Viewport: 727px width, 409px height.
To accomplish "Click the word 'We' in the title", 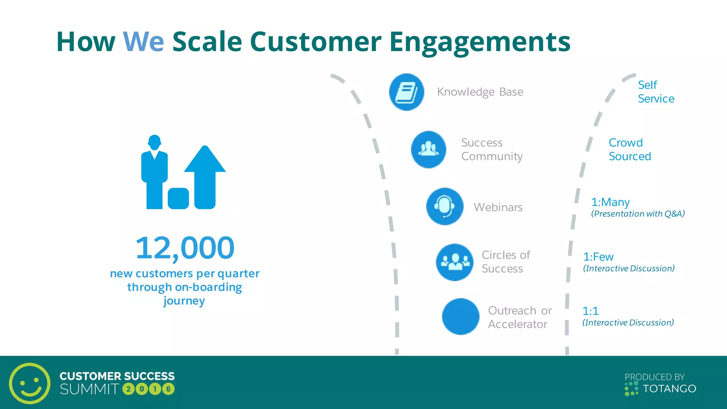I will coord(143,42).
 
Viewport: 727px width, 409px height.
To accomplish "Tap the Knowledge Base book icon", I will coord(406,92).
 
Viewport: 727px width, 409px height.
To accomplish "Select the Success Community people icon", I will coord(428,149).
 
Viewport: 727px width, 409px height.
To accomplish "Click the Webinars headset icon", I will coord(444,206).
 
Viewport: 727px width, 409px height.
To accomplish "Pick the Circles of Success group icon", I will coord(454,262).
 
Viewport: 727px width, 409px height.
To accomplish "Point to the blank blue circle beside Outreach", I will coord(460,316).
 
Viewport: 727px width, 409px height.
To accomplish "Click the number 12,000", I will coord(185,248).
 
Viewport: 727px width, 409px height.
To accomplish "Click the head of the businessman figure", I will coord(154,142).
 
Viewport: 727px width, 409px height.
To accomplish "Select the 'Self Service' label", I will coord(656,92).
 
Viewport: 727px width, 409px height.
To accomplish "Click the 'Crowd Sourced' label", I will coord(629,149).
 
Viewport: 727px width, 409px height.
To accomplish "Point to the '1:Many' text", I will coord(610,202).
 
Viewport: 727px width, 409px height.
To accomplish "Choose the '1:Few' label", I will coord(598,257).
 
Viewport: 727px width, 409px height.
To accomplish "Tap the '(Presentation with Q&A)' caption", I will coord(638,214).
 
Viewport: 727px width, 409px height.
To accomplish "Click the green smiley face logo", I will coord(30,383).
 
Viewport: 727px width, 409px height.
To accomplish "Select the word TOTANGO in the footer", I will coord(669,389).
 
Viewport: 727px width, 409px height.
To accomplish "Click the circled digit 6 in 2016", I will coord(168,389).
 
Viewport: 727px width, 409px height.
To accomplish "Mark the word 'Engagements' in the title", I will coord(480,42).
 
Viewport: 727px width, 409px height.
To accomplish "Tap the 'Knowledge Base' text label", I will coord(480,92).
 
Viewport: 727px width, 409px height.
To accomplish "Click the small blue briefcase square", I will coord(178,198).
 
